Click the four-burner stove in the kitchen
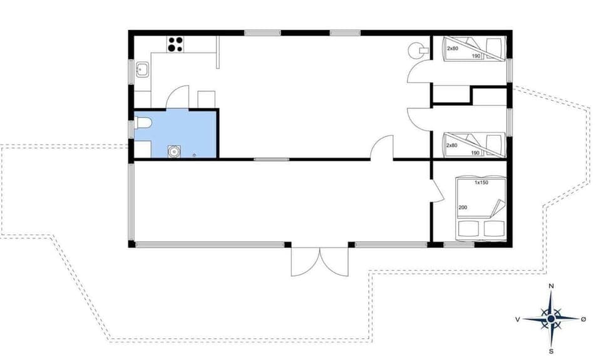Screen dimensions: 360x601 [x=175, y=44]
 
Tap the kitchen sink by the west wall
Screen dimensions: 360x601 [x=142, y=69]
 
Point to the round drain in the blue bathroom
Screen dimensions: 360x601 [x=173, y=151]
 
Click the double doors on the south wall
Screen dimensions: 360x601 [x=320, y=262]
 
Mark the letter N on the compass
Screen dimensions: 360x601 [x=551, y=286]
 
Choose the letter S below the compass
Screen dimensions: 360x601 [x=551, y=351]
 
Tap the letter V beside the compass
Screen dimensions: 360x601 [x=518, y=319]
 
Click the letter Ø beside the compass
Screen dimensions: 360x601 [x=583, y=319]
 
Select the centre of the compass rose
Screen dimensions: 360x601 [x=551, y=319]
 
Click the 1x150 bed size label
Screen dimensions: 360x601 [x=481, y=183]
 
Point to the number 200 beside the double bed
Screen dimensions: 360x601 [x=463, y=207]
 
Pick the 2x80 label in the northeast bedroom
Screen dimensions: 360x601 [x=453, y=48]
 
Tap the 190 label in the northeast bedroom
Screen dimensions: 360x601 [x=475, y=56]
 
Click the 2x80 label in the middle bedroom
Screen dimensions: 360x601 [x=453, y=145]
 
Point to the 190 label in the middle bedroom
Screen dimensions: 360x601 [x=475, y=153]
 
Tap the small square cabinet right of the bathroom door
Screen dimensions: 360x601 [x=207, y=99]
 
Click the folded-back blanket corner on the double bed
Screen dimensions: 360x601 [x=498, y=207]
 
